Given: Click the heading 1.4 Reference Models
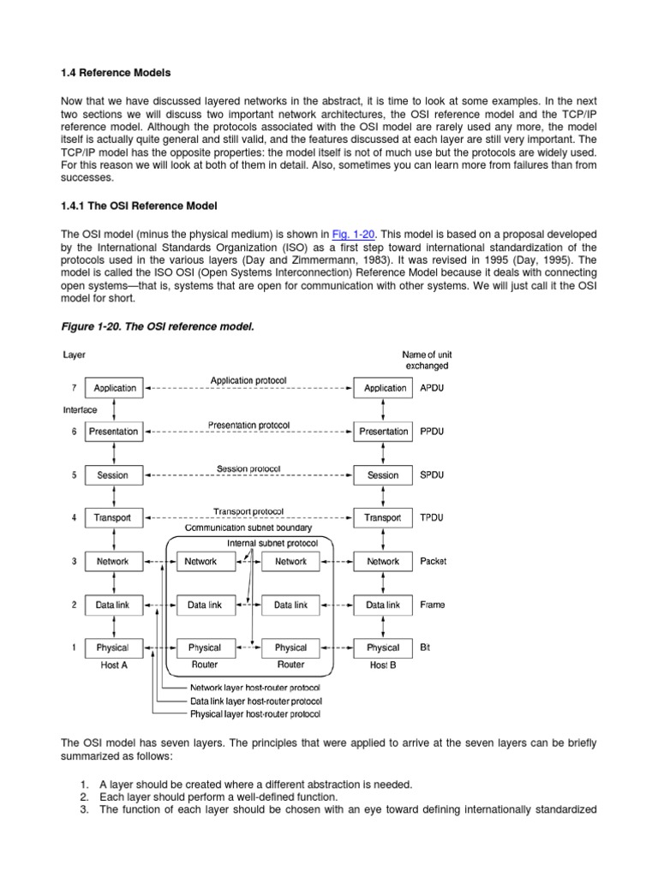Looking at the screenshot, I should pyautogui.click(x=115, y=73).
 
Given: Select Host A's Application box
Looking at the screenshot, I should pyautogui.click(x=115, y=388).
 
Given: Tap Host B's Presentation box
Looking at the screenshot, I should pyautogui.click(x=383, y=432).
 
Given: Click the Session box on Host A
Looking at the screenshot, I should pyautogui.click(x=113, y=475).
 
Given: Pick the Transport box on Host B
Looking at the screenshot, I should pyautogui.click(x=382, y=518).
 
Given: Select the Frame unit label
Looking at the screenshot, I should pyautogui.click(x=433, y=605).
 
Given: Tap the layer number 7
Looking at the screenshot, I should pyautogui.click(x=73, y=388).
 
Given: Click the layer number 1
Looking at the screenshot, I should pyautogui.click(x=73, y=648).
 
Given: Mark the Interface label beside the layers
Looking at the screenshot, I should pyautogui.click(x=80, y=410).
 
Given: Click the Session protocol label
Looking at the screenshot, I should pyautogui.click(x=248, y=468).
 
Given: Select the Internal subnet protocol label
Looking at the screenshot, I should pyautogui.click(x=272, y=543).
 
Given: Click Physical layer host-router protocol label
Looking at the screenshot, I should pyautogui.click(x=256, y=713).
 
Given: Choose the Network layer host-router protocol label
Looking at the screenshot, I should pyautogui.click(x=255, y=688).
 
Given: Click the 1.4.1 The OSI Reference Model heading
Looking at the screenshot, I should pyautogui.click(x=140, y=206).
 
